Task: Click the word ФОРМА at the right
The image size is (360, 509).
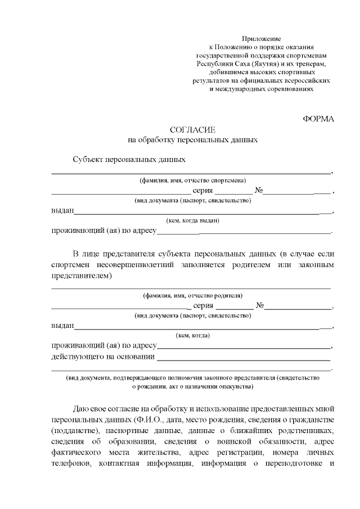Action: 318,119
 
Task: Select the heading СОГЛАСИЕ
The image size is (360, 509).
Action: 192,129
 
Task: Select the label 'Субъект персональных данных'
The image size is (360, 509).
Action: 129,159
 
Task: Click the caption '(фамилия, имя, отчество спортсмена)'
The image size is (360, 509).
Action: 192,181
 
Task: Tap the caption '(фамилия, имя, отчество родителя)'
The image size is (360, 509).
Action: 192,295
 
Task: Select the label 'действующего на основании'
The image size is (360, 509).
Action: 103,357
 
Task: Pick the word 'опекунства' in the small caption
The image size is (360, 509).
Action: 236,387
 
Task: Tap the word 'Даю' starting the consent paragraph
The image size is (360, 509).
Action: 80,409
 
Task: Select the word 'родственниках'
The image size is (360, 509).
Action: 308,430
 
